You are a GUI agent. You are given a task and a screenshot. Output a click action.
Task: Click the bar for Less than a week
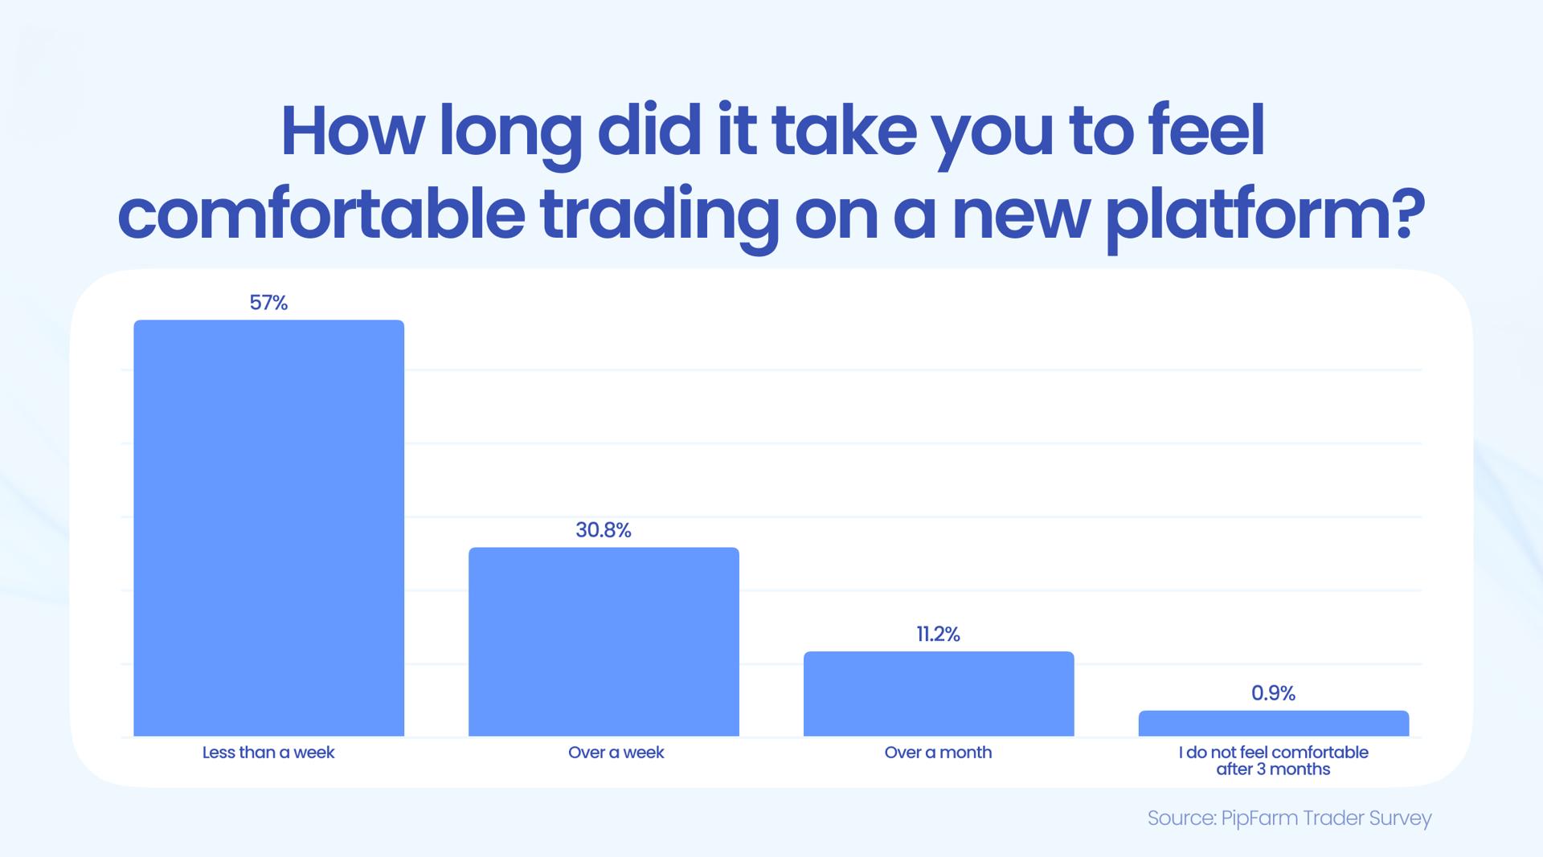(268, 528)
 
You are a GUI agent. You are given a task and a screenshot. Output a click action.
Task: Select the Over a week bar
(604, 641)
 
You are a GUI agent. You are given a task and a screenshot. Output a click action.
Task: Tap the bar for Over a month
(939, 693)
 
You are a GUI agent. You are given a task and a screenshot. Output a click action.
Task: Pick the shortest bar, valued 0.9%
(1273, 723)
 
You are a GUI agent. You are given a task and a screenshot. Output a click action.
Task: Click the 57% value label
(268, 303)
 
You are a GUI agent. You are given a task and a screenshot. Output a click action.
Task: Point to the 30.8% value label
(604, 530)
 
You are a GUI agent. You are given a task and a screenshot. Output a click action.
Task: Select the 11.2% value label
(938, 635)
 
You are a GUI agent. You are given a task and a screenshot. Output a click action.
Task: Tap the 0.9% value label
(1273, 693)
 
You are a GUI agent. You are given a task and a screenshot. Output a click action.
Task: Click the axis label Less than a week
(268, 753)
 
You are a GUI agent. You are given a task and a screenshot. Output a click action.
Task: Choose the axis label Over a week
(616, 753)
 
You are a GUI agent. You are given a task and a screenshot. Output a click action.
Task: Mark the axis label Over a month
(938, 753)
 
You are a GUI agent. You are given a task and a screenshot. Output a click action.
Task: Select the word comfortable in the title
(321, 214)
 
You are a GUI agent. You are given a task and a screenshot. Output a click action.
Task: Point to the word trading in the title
(659, 214)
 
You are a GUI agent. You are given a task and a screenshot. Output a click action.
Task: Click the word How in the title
(350, 133)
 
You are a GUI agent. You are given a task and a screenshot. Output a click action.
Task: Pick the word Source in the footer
(1181, 818)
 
